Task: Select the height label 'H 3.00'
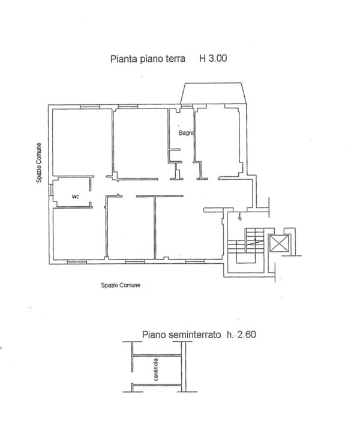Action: [214, 59]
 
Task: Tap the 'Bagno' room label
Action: [185, 133]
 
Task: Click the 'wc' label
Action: [76, 196]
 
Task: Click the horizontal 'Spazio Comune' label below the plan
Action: [121, 285]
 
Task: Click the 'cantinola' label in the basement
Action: [155, 369]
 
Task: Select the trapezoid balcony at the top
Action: [214, 95]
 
